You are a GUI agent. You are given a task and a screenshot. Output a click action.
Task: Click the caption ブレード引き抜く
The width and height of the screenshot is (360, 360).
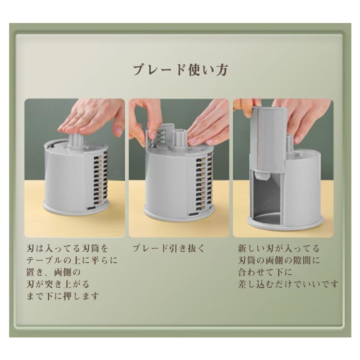click(169, 248)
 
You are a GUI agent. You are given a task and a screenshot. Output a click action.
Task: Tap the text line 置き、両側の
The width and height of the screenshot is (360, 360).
click(54, 272)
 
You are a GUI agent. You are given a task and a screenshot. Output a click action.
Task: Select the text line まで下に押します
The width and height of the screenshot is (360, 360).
click(63, 296)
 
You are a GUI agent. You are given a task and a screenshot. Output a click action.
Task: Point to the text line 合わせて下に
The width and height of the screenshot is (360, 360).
click(265, 272)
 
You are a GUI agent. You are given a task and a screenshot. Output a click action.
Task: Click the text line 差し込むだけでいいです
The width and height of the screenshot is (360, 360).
click(288, 284)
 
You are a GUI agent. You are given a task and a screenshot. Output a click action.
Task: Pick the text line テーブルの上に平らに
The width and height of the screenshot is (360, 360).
click(72, 260)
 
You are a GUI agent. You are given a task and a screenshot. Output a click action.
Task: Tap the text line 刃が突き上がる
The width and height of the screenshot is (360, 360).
click(58, 284)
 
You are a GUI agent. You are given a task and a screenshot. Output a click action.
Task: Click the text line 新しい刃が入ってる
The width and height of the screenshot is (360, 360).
click(279, 248)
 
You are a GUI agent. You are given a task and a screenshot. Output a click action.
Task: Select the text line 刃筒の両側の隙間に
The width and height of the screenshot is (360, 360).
click(279, 260)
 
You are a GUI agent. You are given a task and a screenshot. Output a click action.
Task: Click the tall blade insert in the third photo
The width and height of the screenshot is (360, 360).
click(270, 140)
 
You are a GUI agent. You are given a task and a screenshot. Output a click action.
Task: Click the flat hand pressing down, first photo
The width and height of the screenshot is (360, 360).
click(92, 119)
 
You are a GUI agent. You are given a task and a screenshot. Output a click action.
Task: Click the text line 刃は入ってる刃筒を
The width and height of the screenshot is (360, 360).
click(67, 248)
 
